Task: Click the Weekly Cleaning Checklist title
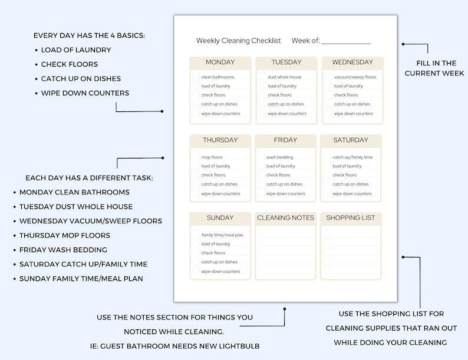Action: coord(238,41)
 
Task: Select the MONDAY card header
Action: coord(220,62)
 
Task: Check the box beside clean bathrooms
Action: coord(196,77)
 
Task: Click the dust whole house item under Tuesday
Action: coord(284,77)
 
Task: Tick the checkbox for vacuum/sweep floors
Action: coord(328,77)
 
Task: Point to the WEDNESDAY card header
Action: coord(352,62)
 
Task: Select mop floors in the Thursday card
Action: coord(212,157)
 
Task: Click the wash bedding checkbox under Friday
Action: coord(261,157)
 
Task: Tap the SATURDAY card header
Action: coord(351,140)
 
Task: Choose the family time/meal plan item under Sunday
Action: coord(222,235)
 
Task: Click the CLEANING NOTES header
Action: coord(286,218)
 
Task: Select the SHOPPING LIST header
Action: coord(351,218)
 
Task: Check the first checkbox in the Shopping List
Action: coord(327,233)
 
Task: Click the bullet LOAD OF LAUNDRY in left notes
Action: coord(76,50)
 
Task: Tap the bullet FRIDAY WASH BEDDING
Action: coord(63,250)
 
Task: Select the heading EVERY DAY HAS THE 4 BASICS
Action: coord(89,36)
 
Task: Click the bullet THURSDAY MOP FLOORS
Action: coord(65,236)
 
